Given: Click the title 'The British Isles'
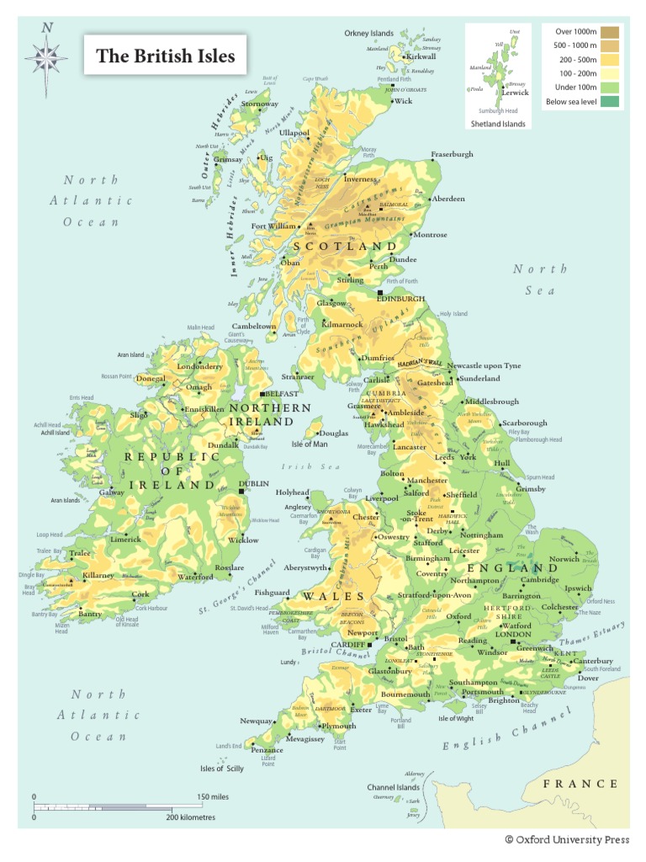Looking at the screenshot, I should (165, 56).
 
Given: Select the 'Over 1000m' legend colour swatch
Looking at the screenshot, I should (612, 31).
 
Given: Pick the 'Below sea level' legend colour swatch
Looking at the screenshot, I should (612, 102).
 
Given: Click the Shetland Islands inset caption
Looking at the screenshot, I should (498, 124).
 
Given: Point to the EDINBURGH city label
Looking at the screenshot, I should (400, 299).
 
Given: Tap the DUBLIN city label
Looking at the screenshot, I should (254, 484).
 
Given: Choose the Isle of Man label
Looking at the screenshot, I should (310, 444).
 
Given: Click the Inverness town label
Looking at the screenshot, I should (360, 179).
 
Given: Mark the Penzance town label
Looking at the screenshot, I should (267, 750).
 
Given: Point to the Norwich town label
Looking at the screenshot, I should (564, 559).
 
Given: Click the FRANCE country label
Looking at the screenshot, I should (580, 784).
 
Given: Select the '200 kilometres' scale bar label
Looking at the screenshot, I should (190, 817).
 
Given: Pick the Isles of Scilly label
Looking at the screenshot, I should (222, 769).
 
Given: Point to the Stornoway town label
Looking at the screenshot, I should (260, 104).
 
